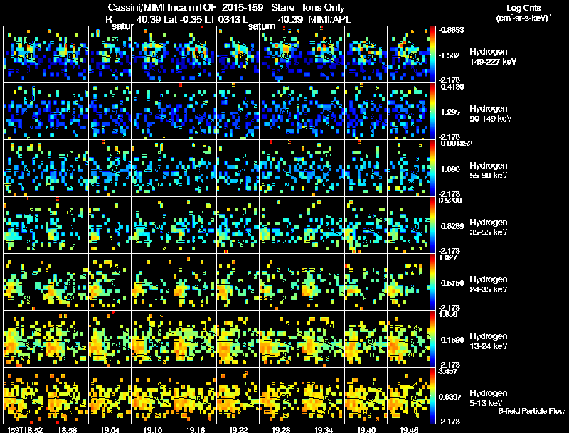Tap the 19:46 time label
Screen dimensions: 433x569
pos(410,429)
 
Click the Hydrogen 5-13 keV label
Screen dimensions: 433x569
pos(487,397)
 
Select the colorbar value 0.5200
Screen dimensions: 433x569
pos(450,201)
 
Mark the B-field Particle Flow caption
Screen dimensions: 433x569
pos(531,411)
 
